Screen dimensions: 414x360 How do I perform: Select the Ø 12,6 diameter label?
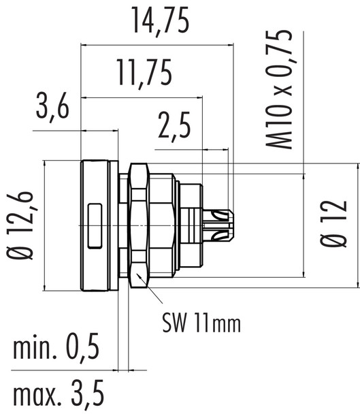coord(21,225)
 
